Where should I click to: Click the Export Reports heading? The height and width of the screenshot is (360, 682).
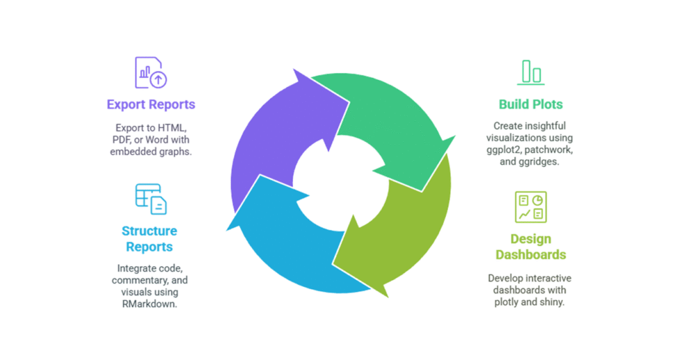click(x=151, y=104)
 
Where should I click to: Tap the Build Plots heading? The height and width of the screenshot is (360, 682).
click(x=530, y=104)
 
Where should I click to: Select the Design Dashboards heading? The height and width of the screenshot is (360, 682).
click(x=530, y=246)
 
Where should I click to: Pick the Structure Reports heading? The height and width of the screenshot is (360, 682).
click(x=150, y=238)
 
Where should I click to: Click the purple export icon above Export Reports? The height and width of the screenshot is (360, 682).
click(x=151, y=72)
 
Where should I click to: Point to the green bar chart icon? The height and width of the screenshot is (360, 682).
click(x=531, y=72)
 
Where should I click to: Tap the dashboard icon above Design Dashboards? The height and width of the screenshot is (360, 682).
click(x=531, y=207)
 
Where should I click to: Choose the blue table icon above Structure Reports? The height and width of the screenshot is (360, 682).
click(x=151, y=199)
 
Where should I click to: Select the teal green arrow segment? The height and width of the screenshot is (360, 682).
click(x=390, y=118)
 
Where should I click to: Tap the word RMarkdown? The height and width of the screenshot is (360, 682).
click(x=150, y=304)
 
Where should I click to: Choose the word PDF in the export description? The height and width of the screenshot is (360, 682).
click(x=122, y=139)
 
